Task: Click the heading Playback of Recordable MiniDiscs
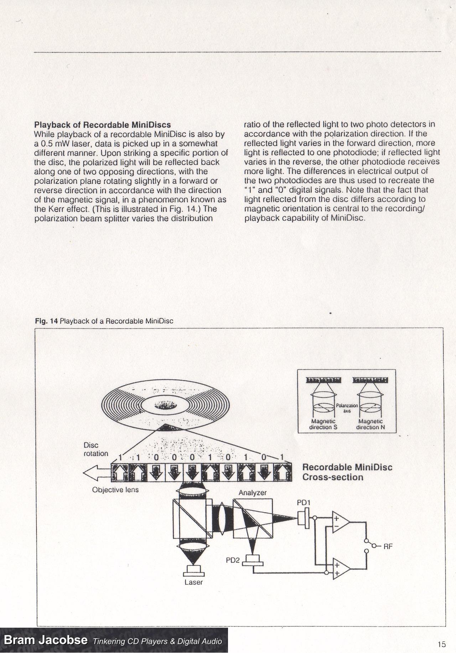coord(102,125)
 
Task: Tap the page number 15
coord(442,644)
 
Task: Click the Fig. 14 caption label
coord(104,321)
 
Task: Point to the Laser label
coord(193,582)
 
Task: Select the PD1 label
coord(304,502)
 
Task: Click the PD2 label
coord(233,560)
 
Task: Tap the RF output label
coord(388,546)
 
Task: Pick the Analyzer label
coord(253,493)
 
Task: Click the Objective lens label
coord(115,490)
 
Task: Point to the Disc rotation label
coord(95,449)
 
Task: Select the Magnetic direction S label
coord(323,424)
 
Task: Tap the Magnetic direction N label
coord(370,424)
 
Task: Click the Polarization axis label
coord(347,408)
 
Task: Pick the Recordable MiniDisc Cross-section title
coord(347,472)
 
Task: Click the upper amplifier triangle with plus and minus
coord(340,522)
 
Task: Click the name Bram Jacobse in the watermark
coord(45,640)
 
